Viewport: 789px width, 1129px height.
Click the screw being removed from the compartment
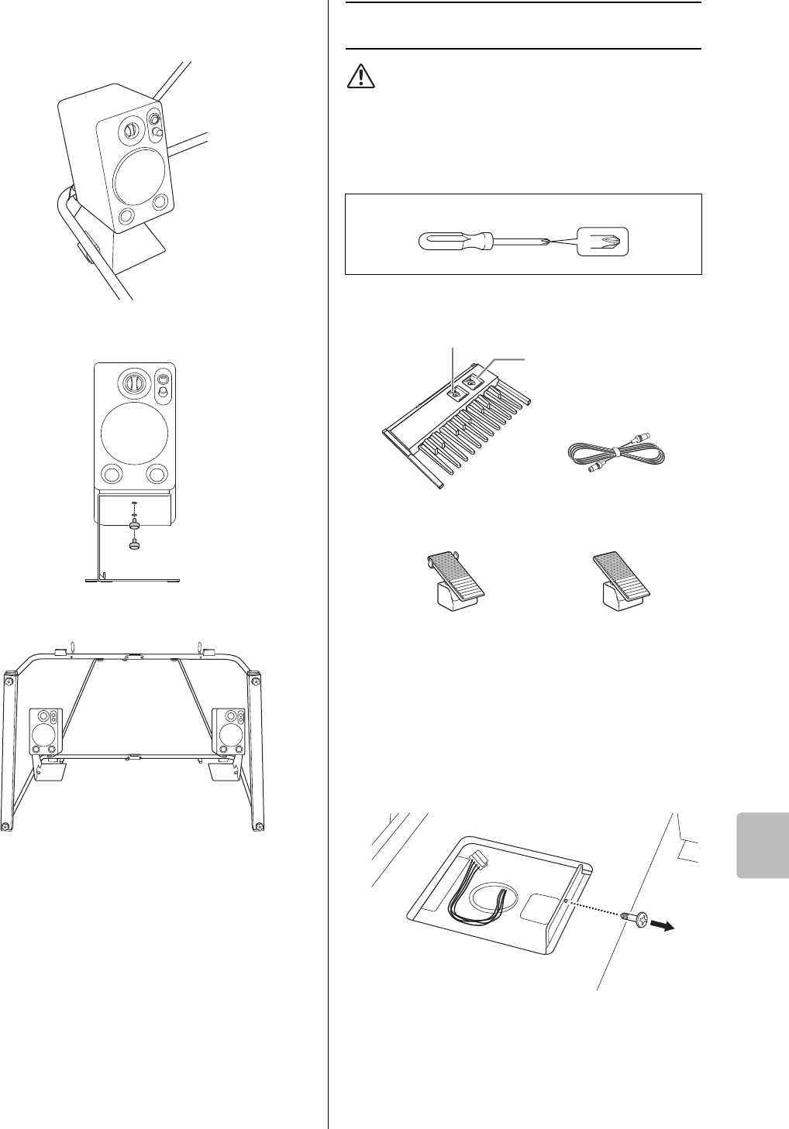point(632,918)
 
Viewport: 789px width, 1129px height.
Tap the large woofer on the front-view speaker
point(134,429)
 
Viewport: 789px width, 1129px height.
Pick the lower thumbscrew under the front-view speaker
point(134,546)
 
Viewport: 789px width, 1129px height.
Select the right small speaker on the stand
point(230,732)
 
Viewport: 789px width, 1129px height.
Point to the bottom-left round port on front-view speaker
point(112,473)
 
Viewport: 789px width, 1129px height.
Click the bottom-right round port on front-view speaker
point(157,473)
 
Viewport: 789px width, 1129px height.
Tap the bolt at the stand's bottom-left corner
point(5,826)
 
